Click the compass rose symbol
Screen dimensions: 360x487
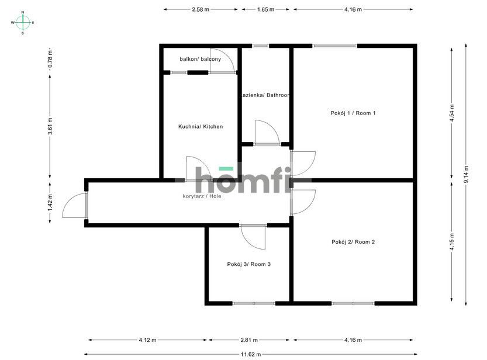coord(23,23)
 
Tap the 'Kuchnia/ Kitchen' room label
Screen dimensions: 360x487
coord(201,127)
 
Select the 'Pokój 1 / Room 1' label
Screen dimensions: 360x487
coord(353,113)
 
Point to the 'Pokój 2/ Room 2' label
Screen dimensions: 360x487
coord(353,242)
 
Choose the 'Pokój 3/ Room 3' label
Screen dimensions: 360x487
coord(248,264)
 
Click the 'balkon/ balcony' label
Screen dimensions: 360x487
coord(201,60)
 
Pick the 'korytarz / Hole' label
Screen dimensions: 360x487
coord(202,196)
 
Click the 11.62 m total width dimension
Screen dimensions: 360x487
coord(250,353)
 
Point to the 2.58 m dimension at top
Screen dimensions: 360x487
coord(201,9)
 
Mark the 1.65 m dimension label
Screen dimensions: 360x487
coord(265,9)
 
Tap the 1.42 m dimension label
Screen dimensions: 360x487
coord(50,202)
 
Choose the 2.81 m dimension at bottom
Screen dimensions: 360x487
coord(250,340)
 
